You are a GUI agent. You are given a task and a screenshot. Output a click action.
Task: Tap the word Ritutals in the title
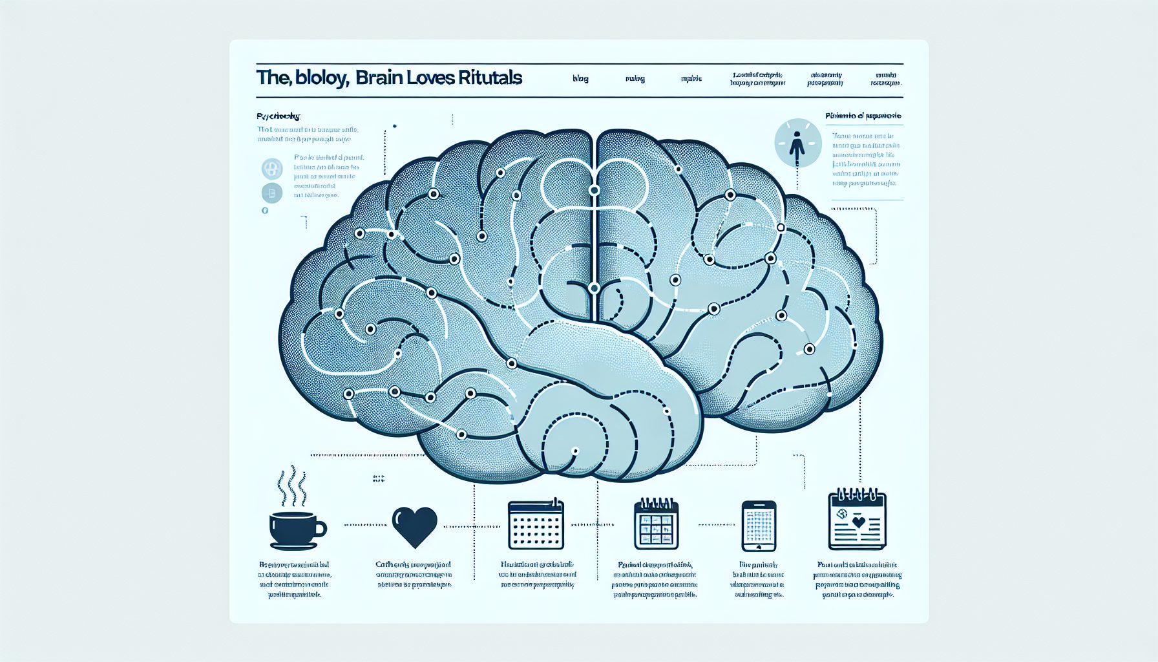(490, 78)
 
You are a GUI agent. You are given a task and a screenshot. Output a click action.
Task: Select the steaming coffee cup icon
(295, 529)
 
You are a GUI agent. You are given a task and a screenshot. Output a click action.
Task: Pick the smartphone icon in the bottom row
(759, 526)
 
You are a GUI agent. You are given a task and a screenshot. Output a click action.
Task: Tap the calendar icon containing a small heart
(857, 520)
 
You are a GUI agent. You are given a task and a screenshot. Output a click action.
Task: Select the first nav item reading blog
(580, 79)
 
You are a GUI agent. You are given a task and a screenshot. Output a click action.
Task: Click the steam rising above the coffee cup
(292, 485)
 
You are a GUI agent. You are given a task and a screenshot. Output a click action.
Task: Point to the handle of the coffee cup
(320, 529)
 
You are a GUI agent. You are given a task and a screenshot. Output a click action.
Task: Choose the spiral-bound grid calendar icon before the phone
(656, 524)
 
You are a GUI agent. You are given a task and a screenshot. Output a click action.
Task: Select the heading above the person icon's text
(863, 116)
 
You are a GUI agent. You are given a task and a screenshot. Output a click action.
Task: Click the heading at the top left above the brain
(279, 117)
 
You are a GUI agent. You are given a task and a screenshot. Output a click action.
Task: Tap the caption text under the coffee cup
(295, 579)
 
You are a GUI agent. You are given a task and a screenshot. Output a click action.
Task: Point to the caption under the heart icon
(414, 575)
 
